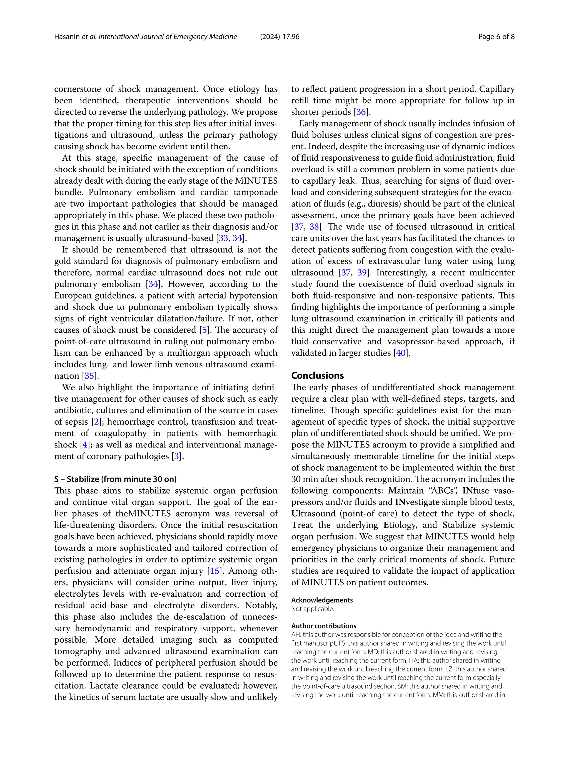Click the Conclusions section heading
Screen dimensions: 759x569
pyautogui.click(x=317, y=375)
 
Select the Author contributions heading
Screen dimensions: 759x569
pyautogui.click(x=323, y=626)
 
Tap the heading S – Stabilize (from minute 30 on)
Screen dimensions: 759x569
pyautogui.click(x=115, y=479)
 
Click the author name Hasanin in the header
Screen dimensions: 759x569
pyautogui.click(x=67, y=37)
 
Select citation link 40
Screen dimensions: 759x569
pyautogui.click(x=400, y=353)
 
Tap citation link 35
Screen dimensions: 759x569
pyautogui.click(x=89, y=376)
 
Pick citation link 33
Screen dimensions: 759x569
pyautogui.click(x=223, y=238)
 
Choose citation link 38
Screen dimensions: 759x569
pyautogui.click(x=314, y=227)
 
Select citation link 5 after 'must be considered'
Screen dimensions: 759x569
pyautogui.click(x=204, y=330)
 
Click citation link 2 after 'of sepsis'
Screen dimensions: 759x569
pyautogui.click(x=97, y=422)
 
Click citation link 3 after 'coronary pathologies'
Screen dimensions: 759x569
pyautogui.click(x=176, y=456)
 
